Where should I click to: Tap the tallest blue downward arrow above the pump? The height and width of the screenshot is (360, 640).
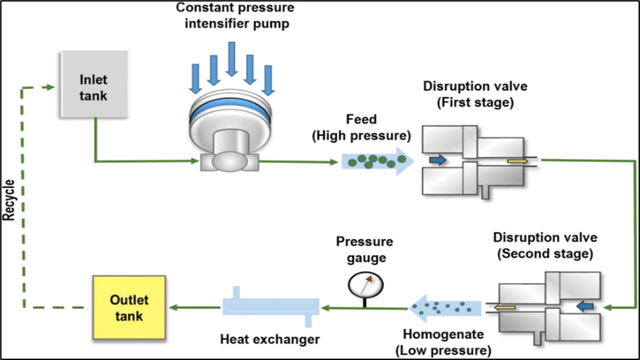tap(232, 59)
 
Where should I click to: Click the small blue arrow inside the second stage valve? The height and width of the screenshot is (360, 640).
tap(587, 307)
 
